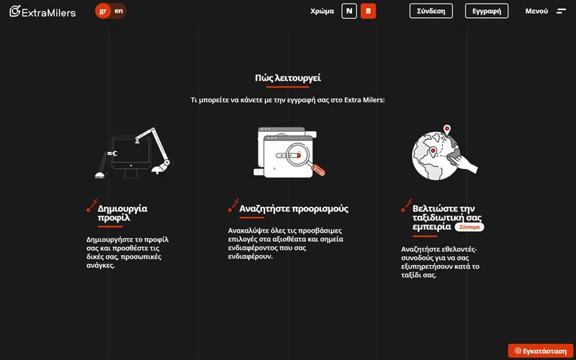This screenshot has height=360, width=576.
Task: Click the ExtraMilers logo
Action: (x=42, y=12)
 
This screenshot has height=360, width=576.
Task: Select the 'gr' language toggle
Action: (x=103, y=11)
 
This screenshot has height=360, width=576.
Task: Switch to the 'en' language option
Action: (x=119, y=11)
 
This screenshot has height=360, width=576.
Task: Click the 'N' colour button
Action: (x=349, y=11)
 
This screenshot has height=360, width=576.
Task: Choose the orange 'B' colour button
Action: (x=368, y=11)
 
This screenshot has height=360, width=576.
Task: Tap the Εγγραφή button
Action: (x=487, y=11)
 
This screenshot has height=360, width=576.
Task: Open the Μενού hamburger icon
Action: (x=562, y=11)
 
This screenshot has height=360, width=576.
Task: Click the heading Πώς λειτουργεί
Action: (x=287, y=78)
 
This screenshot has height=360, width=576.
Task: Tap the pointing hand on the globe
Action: (x=464, y=163)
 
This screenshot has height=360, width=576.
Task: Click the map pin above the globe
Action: (x=447, y=130)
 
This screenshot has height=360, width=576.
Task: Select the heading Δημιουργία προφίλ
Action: (x=122, y=213)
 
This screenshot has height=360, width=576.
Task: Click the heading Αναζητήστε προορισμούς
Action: (x=294, y=209)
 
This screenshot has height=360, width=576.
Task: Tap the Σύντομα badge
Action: (x=469, y=227)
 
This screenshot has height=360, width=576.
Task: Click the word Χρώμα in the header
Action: (x=322, y=12)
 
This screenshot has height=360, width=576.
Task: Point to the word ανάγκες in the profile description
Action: (x=101, y=266)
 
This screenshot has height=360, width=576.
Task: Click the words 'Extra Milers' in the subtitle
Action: (x=364, y=100)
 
